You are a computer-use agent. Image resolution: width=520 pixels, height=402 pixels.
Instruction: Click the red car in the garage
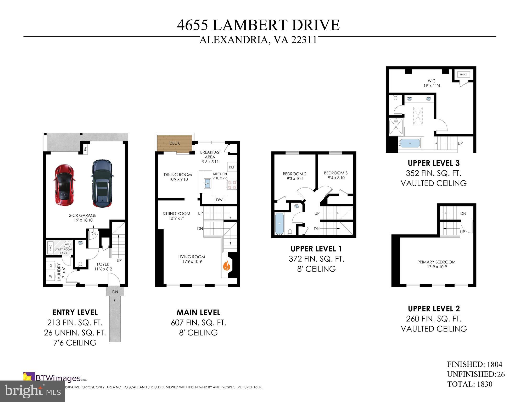pos(64,185)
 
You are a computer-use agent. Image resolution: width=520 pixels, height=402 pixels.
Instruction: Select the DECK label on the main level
pos(175,143)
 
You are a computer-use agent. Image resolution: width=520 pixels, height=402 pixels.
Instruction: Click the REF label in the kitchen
pos(232,167)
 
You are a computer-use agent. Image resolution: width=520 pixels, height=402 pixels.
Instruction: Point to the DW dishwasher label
pos(219,200)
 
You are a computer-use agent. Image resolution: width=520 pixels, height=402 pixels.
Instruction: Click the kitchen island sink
pos(208,183)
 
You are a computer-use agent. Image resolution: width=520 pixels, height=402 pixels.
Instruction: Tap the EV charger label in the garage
pos(85,149)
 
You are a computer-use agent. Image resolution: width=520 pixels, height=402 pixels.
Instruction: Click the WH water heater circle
pos(67,244)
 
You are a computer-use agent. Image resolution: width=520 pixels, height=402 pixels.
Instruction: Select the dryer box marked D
pos(51,266)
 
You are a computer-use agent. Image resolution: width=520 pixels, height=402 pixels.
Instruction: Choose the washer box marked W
pos(51,277)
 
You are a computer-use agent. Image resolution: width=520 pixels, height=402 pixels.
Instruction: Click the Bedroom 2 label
pos(294,174)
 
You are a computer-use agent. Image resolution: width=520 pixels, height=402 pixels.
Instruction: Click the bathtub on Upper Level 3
pos(410,143)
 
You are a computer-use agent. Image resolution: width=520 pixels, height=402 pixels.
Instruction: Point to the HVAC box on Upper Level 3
pos(463,75)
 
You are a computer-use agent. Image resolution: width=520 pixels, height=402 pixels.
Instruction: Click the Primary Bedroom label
pos(436,262)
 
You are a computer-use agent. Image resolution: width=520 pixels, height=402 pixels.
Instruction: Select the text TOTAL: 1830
pos(470,384)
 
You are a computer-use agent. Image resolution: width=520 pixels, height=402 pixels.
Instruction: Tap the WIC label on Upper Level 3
pos(432,81)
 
